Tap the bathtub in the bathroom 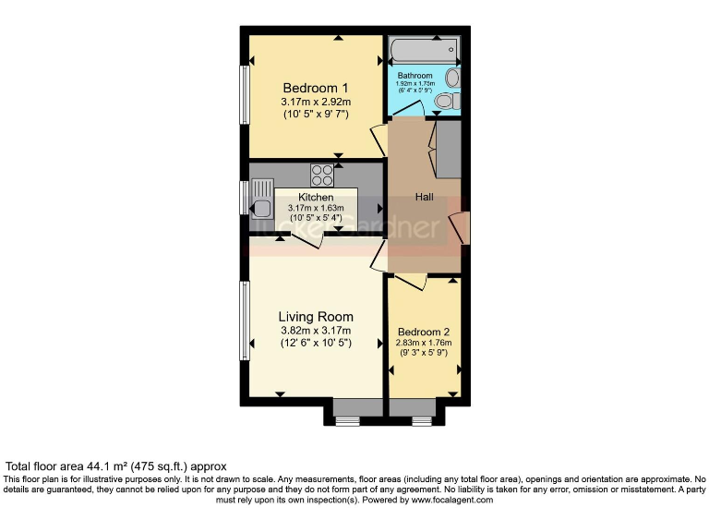tap(423, 48)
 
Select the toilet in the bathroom tap(445, 101)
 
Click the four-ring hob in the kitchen tap(322, 174)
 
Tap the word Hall tap(424, 198)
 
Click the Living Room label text tap(316, 317)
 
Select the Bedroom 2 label tap(424, 332)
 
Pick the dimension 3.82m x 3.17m tap(316, 331)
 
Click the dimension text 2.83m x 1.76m tap(424, 344)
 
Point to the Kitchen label tap(316, 198)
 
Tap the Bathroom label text tap(415, 76)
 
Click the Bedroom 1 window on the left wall tap(245, 93)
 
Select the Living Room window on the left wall tap(245, 321)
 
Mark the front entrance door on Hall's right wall tap(461, 227)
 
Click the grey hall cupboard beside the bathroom tap(448, 149)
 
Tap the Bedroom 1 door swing tap(378, 140)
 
